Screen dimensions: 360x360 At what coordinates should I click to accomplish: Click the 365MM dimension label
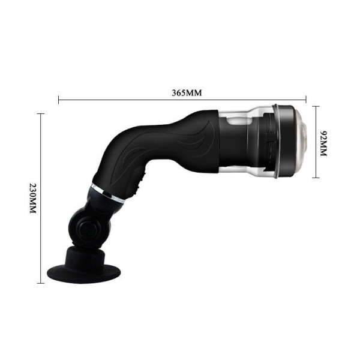coord(187,93)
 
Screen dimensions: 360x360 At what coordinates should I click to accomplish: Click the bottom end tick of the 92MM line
coord(316,178)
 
